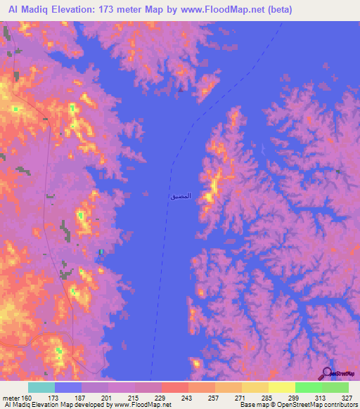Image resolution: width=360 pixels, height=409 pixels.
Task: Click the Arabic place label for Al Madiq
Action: tap(179, 196)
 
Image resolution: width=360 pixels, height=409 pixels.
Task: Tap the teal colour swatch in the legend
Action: tap(41, 387)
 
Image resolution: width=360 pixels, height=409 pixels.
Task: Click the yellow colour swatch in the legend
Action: tap(281, 387)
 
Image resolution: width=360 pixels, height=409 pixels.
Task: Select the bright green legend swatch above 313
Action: tap(308, 387)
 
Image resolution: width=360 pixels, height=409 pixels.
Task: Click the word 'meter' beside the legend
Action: tap(11, 398)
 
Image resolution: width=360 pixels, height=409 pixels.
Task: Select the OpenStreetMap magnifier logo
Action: tap(328, 373)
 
